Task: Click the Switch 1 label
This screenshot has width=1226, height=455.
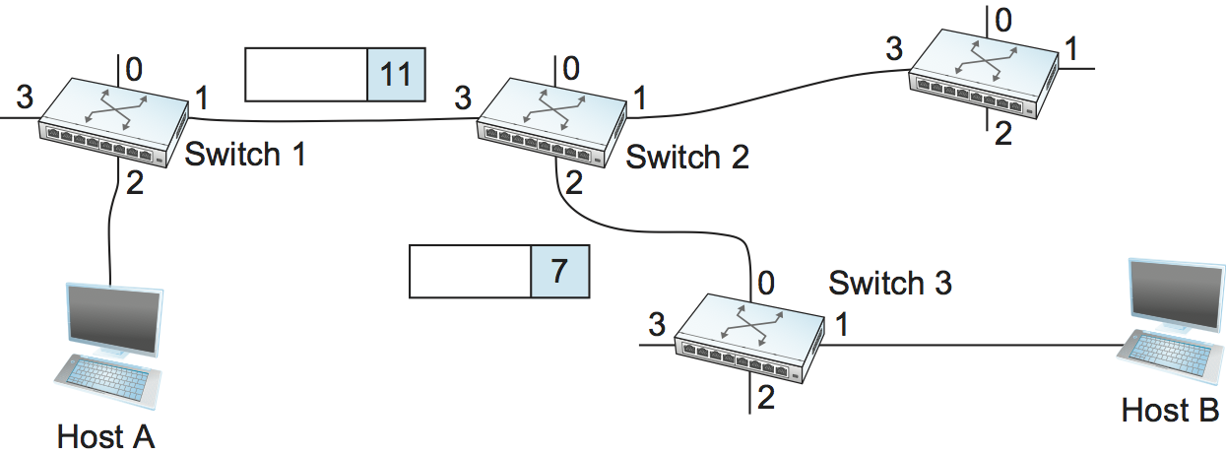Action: [x=244, y=155]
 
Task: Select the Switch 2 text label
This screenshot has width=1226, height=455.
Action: [x=686, y=157]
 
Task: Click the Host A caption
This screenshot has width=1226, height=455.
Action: [x=106, y=435]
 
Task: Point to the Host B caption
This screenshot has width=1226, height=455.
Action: [x=1170, y=409]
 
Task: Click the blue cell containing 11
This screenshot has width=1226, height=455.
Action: [x=396, y=75]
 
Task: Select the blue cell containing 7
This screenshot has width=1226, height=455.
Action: [x=559, y=271]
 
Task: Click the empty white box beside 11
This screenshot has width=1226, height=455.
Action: [x=305, y=75]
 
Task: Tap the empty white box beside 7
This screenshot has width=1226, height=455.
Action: [x=470, y=271]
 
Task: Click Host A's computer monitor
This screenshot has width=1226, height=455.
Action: [x=111, y=321]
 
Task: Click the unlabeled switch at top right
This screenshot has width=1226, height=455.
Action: [x=983, y=72]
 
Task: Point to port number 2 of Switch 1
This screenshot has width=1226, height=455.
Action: [x=135, y=184]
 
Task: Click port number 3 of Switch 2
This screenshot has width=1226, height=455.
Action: [x=463, y=97]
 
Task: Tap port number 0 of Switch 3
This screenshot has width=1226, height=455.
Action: [x=765, y=284]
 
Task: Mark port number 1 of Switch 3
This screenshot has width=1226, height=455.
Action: [x=842, y=324]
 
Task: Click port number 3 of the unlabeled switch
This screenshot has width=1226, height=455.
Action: [x=893, y=48]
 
